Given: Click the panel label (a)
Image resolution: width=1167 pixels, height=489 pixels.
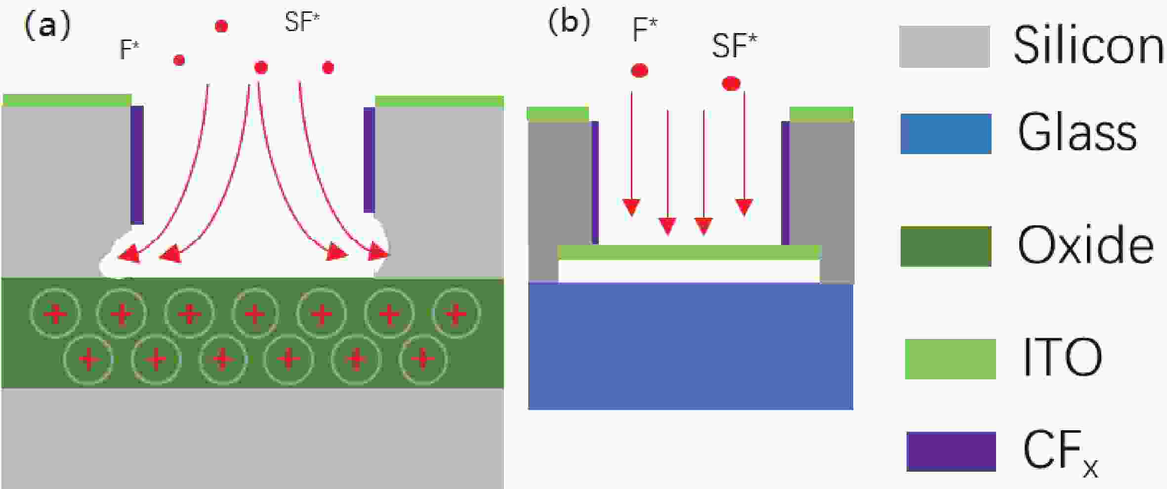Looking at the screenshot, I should point(47,25).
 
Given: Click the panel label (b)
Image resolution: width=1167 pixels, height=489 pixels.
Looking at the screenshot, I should point(569,22).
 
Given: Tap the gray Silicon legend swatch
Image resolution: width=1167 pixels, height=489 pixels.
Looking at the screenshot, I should point(944,46).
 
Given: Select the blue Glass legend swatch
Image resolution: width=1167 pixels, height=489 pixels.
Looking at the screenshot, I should point(946,134).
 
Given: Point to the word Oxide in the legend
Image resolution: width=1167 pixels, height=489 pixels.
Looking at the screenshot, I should point(1085,245).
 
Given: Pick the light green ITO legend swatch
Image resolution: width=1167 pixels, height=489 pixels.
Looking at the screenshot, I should point(950,359).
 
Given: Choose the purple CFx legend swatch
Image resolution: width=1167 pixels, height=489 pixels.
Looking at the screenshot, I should point(951,451).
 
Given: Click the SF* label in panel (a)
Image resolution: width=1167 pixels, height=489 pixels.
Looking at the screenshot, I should point(302,22).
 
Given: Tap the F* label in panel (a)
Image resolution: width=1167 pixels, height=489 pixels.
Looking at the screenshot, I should point(129,49).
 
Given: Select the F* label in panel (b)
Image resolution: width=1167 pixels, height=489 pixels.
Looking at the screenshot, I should point(645,30).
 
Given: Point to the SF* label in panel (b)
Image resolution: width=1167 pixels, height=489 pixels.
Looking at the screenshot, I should point(734,46).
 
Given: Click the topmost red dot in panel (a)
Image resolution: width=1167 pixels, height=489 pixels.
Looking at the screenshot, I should point(221,26).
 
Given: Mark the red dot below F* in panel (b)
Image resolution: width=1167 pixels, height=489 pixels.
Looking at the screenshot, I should point(639,71).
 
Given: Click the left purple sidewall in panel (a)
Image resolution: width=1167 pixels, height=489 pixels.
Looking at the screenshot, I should point(137,164).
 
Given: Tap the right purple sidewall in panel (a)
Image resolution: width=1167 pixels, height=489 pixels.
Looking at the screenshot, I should point(369,160).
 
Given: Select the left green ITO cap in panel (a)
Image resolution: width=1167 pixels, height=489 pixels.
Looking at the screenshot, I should point(67,100).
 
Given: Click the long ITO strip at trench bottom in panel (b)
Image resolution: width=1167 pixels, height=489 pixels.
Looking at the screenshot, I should point(689,252).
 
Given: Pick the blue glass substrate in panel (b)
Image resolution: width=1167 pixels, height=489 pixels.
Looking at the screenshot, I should point(690,346).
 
